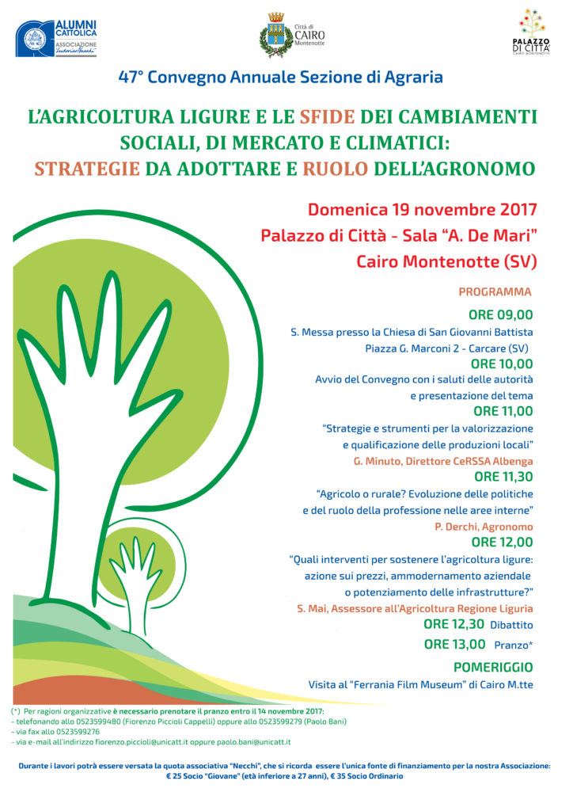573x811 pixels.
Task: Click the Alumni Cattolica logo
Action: tap(57, 38)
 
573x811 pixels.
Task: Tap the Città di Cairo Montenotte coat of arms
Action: tap(276, 36)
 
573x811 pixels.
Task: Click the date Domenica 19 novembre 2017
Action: tap(423, 210)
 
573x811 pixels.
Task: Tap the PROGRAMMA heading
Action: tap(495, 292)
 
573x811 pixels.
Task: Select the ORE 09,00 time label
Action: tap(500, 314)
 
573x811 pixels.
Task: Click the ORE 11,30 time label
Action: tap(503, 476)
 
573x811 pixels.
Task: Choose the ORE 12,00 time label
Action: tap(502, 543)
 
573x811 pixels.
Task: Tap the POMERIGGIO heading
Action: tap(493, 667)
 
